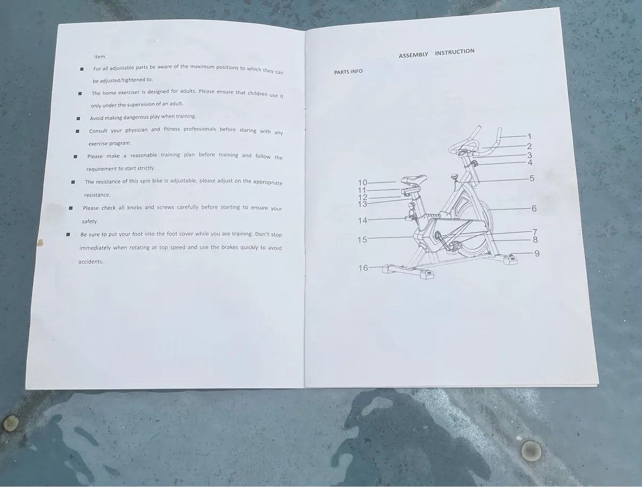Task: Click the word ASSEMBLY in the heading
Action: tap(413, 55)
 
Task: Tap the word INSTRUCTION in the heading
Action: tap(455, 52)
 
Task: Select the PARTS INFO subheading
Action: tap(348, 72)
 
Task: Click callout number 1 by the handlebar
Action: tap(529, 136)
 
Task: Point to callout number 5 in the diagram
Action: tap(532, 178)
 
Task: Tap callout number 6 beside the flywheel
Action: tap(534, 208)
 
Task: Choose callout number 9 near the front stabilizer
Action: tap(537, 253)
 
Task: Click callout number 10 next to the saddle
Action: tap(362, 183)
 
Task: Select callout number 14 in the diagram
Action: tap(362, 220)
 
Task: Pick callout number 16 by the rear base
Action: tap(363, 268)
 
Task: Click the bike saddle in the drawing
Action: tap(414, 179)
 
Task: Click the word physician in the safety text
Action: tap(136, 130)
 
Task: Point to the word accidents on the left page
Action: tap(90, 261)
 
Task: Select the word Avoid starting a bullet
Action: tap(96, 118)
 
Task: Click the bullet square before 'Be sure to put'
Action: tap(68, 234)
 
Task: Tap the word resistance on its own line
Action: tap(97, 195)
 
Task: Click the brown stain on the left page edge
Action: tap(40, 243)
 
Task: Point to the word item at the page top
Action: tap(101, 57)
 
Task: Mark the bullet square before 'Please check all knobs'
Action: tap(71, 208)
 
